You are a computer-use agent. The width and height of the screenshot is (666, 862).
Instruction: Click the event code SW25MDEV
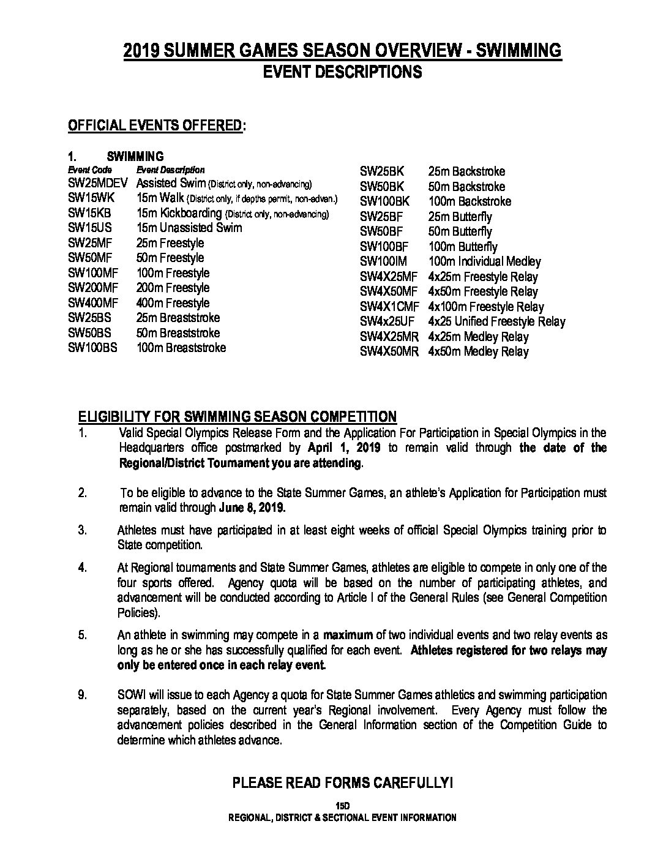pos(97,183)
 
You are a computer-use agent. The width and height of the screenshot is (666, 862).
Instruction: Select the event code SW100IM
pos(384,261)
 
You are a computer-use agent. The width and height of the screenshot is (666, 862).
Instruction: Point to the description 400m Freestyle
pos(173,303)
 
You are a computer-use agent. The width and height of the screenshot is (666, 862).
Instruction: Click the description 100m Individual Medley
pos(484,261)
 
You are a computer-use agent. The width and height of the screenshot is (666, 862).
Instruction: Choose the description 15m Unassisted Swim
pos(189,228)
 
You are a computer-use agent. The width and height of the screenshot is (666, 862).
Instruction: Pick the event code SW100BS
pos(92,348)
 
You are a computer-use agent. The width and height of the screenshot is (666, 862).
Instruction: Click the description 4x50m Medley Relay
pos(478,351)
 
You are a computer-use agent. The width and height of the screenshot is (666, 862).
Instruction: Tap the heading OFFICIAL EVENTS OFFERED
pos(157,126)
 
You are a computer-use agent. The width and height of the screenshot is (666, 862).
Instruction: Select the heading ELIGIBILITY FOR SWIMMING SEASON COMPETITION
pos(238,418)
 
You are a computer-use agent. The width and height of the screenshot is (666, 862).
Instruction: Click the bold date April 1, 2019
pos(344,448)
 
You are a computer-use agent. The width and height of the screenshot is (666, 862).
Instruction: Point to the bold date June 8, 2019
pos(252,508)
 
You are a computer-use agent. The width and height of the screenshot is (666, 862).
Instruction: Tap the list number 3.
pos(83,530)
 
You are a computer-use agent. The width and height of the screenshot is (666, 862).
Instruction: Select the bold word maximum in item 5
pos(348,634)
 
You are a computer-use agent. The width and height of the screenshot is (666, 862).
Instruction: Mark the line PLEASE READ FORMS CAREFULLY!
pos(342,782)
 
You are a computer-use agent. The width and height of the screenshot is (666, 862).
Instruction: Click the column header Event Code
pos(89,170)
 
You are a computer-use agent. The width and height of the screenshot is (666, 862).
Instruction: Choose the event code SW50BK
pos(381,187)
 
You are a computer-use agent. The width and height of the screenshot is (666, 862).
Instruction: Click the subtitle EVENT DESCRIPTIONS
pos(342,72)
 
